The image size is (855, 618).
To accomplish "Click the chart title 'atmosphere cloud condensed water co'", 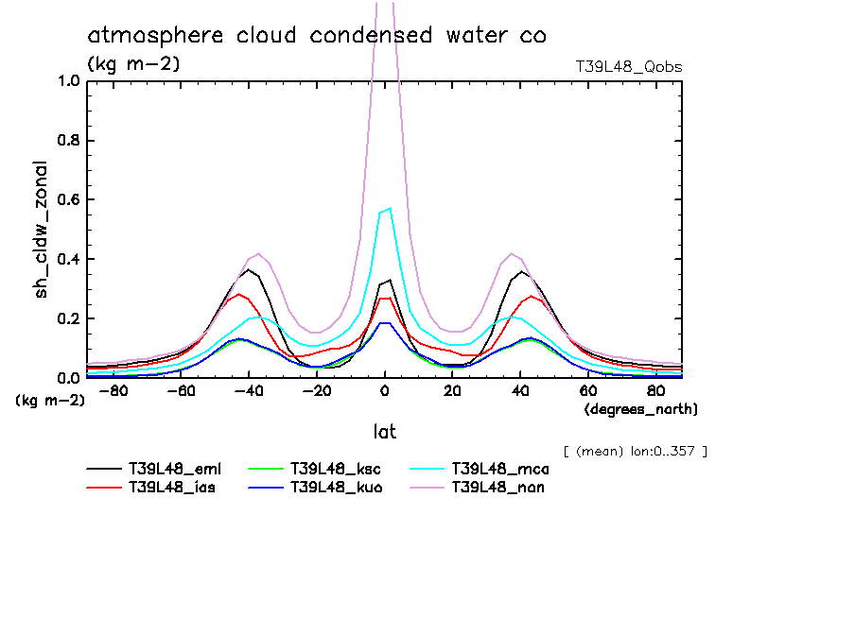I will [317, 36].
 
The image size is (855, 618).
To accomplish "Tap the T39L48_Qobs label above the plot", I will [629, 67].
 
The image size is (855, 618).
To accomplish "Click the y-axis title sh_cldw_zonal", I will [42, 229].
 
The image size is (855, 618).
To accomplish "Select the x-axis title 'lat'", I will [384, 432].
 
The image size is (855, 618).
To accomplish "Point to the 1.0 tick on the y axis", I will [67, 80].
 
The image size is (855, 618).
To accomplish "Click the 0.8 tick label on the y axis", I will [67, 140].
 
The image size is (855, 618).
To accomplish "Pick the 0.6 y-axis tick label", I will [67, 199].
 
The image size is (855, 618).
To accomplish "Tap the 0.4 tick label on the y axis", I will [67, 259].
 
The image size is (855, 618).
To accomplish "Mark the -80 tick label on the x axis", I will [112, 391].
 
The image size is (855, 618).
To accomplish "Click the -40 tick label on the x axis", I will [248, 391].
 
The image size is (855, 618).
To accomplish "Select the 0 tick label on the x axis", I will [384, 391].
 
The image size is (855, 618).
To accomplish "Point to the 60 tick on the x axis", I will [587, 391].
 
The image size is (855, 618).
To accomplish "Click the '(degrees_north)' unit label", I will [641, 409].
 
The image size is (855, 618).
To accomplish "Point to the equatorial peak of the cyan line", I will [389, 208].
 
